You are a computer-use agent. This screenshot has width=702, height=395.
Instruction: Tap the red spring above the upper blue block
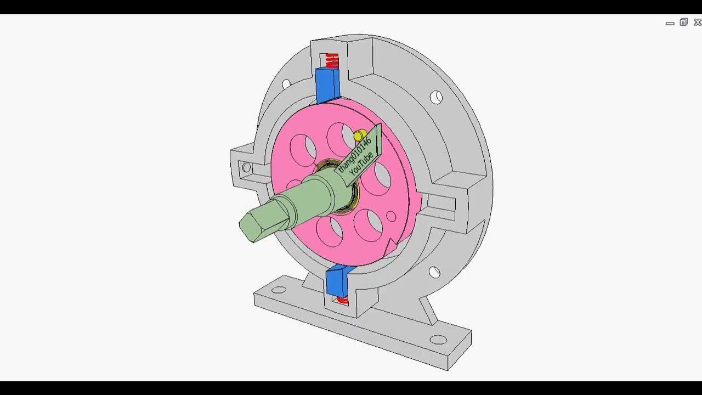(332, 60)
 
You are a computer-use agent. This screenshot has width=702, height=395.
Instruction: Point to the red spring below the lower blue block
(342, 300)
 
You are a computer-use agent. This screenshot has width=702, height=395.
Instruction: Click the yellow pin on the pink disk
(359, 136)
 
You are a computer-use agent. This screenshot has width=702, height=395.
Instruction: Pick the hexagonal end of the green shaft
(253, 226)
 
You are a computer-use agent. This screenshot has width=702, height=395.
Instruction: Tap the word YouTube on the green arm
(362, 163)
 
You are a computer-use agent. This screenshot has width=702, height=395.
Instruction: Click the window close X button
(698, 22)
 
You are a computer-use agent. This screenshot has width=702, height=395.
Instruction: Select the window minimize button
(670, 23)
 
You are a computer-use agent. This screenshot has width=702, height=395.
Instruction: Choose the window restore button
(683, 22)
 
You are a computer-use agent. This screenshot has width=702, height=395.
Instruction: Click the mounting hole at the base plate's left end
(279, 290)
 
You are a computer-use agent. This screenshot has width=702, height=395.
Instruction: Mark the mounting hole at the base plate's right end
(438, 340)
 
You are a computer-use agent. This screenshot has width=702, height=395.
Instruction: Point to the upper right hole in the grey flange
(436, 98)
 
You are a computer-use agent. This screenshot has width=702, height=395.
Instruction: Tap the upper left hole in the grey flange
(286, 84)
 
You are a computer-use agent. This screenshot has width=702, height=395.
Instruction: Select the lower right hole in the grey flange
(434, 272)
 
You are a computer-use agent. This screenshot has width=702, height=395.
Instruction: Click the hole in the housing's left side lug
(246, 167)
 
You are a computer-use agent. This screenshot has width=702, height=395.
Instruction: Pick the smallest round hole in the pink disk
(391, 217)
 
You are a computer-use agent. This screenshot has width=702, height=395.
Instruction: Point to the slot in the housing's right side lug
(441, 204)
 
